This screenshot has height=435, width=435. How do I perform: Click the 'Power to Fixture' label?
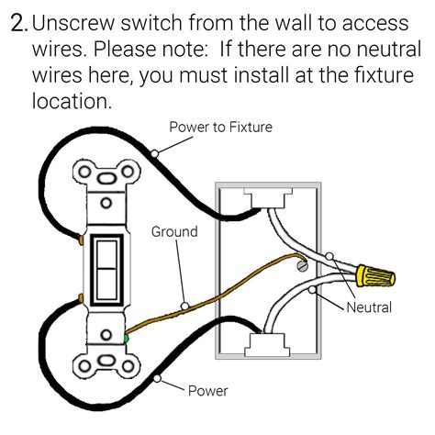pos(219,127)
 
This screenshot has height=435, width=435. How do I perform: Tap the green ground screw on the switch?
pos(124,340)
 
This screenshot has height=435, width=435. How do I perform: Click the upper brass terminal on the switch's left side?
pos(82,240)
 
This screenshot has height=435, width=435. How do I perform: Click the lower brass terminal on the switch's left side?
pos(82,298)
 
